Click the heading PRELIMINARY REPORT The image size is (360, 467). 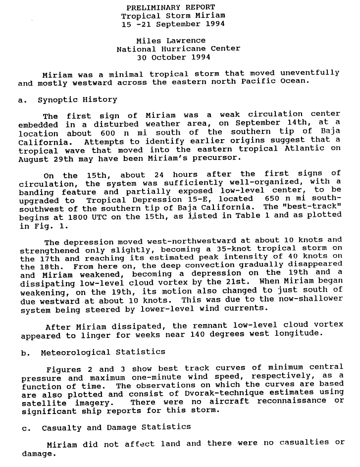click(x=171, y=7)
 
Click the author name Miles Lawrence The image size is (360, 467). click(x=171, y=41)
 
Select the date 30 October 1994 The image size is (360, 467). click(x=171, y=57)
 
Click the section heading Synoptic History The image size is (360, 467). click(x=77, y=100)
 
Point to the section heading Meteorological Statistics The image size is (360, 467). click(x=102, y=352)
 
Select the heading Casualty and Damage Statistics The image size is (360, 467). click(x=116, y=427)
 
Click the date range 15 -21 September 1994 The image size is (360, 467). click(x=171, y=24)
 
